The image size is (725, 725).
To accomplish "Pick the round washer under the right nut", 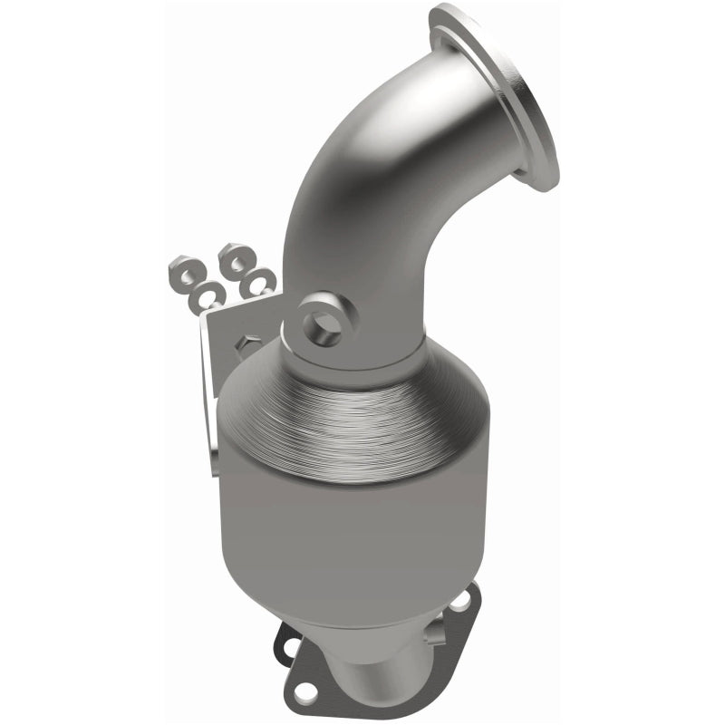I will click(261, 282).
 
